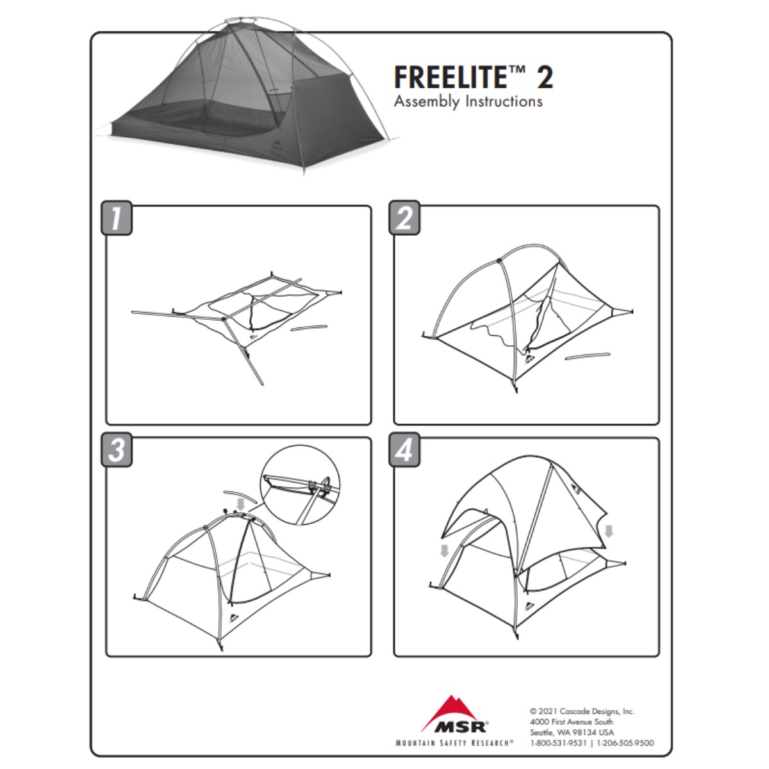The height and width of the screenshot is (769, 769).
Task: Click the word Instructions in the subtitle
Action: click(504, 101)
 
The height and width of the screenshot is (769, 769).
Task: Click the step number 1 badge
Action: click(116, 218)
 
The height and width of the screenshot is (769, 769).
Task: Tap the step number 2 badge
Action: click(404, 218)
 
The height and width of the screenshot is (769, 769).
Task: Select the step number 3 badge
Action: click(116, 450)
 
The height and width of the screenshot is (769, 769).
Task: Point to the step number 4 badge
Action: click(404, 450)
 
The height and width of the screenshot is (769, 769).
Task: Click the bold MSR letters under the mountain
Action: click(460, 726)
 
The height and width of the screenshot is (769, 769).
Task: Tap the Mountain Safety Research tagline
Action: click(454, 743)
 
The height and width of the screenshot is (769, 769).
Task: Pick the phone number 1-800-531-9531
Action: click(558, 743)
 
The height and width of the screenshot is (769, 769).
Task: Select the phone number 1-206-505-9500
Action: click(625, 743)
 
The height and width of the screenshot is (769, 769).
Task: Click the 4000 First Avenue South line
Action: click(572, 722)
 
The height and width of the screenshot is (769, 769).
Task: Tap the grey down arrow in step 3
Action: click(240, 504)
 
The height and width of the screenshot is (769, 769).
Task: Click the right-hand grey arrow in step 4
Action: click(609, 531)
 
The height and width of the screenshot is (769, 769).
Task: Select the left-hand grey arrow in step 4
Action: click(444, 551)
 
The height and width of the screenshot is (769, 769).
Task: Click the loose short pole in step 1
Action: click(310, 327)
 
